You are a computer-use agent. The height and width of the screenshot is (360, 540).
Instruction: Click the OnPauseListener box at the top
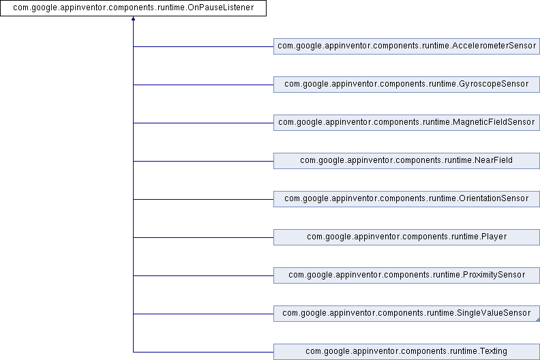(133, 8)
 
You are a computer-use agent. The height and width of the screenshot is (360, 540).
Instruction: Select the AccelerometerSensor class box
(407, 46)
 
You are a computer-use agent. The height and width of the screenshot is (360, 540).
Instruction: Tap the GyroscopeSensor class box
(407, 85)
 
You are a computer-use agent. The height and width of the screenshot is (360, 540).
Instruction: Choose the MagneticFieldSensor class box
(407, 123)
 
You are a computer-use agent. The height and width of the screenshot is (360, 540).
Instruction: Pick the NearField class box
(407, 161)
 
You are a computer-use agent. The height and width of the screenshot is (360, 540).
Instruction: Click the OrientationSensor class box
(407, 199)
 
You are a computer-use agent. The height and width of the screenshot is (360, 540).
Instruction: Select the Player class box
(407, 237)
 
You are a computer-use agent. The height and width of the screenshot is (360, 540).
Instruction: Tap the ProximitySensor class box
(407, 275)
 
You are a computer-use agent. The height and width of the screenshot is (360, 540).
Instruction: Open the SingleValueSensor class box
(407, 314)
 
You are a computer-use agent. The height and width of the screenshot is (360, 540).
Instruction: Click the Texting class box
(407, 352)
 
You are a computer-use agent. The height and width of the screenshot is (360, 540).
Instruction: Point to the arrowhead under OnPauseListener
(133, 18)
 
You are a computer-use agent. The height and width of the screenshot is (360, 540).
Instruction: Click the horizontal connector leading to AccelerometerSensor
(203, 46)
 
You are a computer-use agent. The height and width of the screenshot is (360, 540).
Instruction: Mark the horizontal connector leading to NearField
(203, 161)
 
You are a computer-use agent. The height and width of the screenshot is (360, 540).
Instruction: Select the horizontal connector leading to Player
(203, 237)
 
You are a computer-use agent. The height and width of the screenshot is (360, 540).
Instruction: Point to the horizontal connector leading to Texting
(203, 352)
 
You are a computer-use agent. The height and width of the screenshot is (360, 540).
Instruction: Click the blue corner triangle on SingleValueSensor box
(538, 320)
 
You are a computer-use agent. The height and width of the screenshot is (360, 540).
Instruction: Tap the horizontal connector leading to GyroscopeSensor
(203, 85)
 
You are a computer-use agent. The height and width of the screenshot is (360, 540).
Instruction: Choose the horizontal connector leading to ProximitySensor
(203, 275)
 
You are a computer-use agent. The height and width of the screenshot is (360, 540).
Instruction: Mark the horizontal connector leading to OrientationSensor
(203, 199)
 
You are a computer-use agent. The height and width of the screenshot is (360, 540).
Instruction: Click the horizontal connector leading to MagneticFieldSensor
(203, 123)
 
